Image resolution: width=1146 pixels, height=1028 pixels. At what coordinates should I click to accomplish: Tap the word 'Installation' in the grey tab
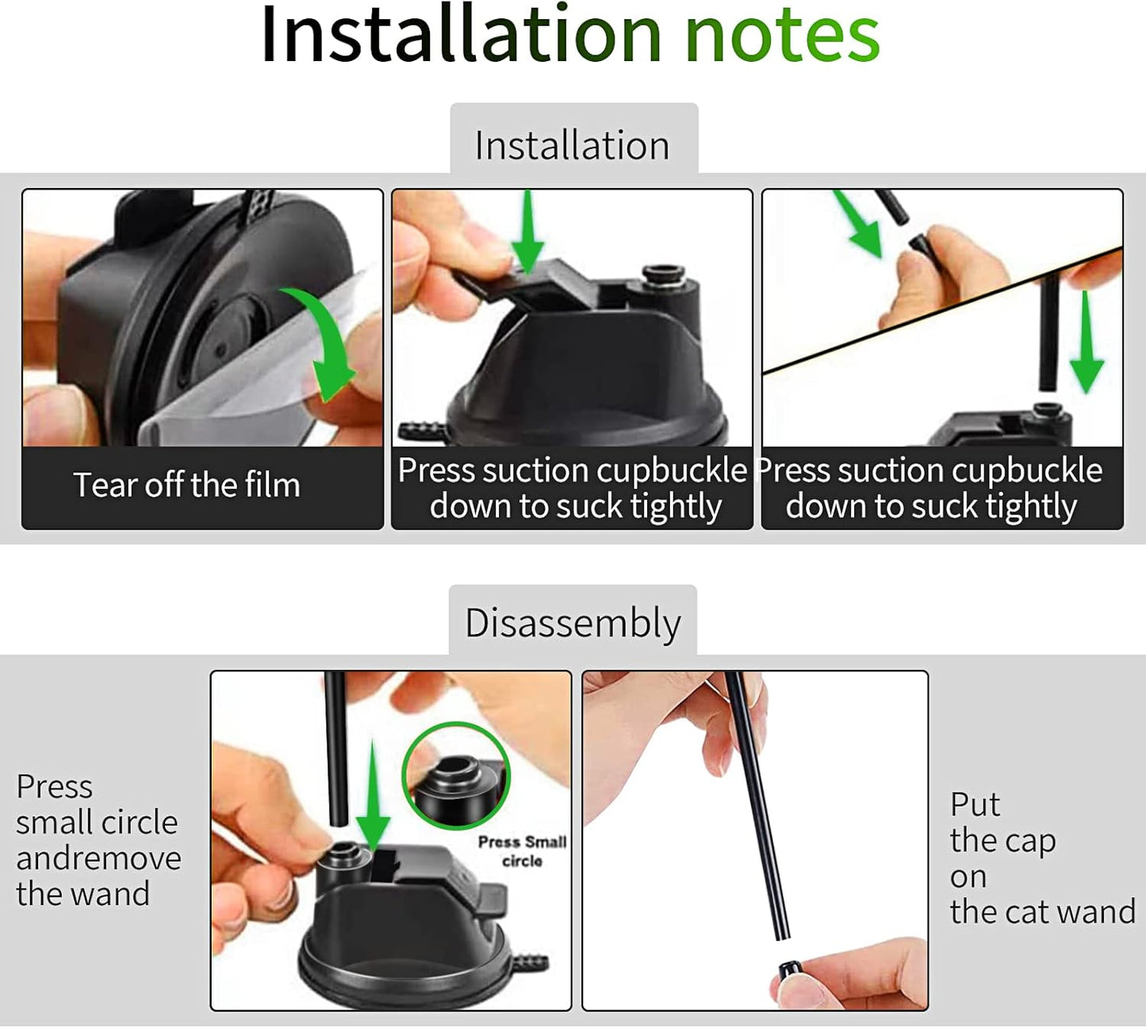[x=572, y=145]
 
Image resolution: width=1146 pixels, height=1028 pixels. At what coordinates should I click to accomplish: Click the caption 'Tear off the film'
[x=186, y=485]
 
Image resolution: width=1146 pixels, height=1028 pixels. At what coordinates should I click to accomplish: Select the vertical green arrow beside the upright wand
[x=1086, y=342]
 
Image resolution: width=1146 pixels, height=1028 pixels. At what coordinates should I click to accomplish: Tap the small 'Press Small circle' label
[x=522, y=851]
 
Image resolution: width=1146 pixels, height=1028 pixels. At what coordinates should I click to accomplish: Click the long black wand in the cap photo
[x=757, y=806]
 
